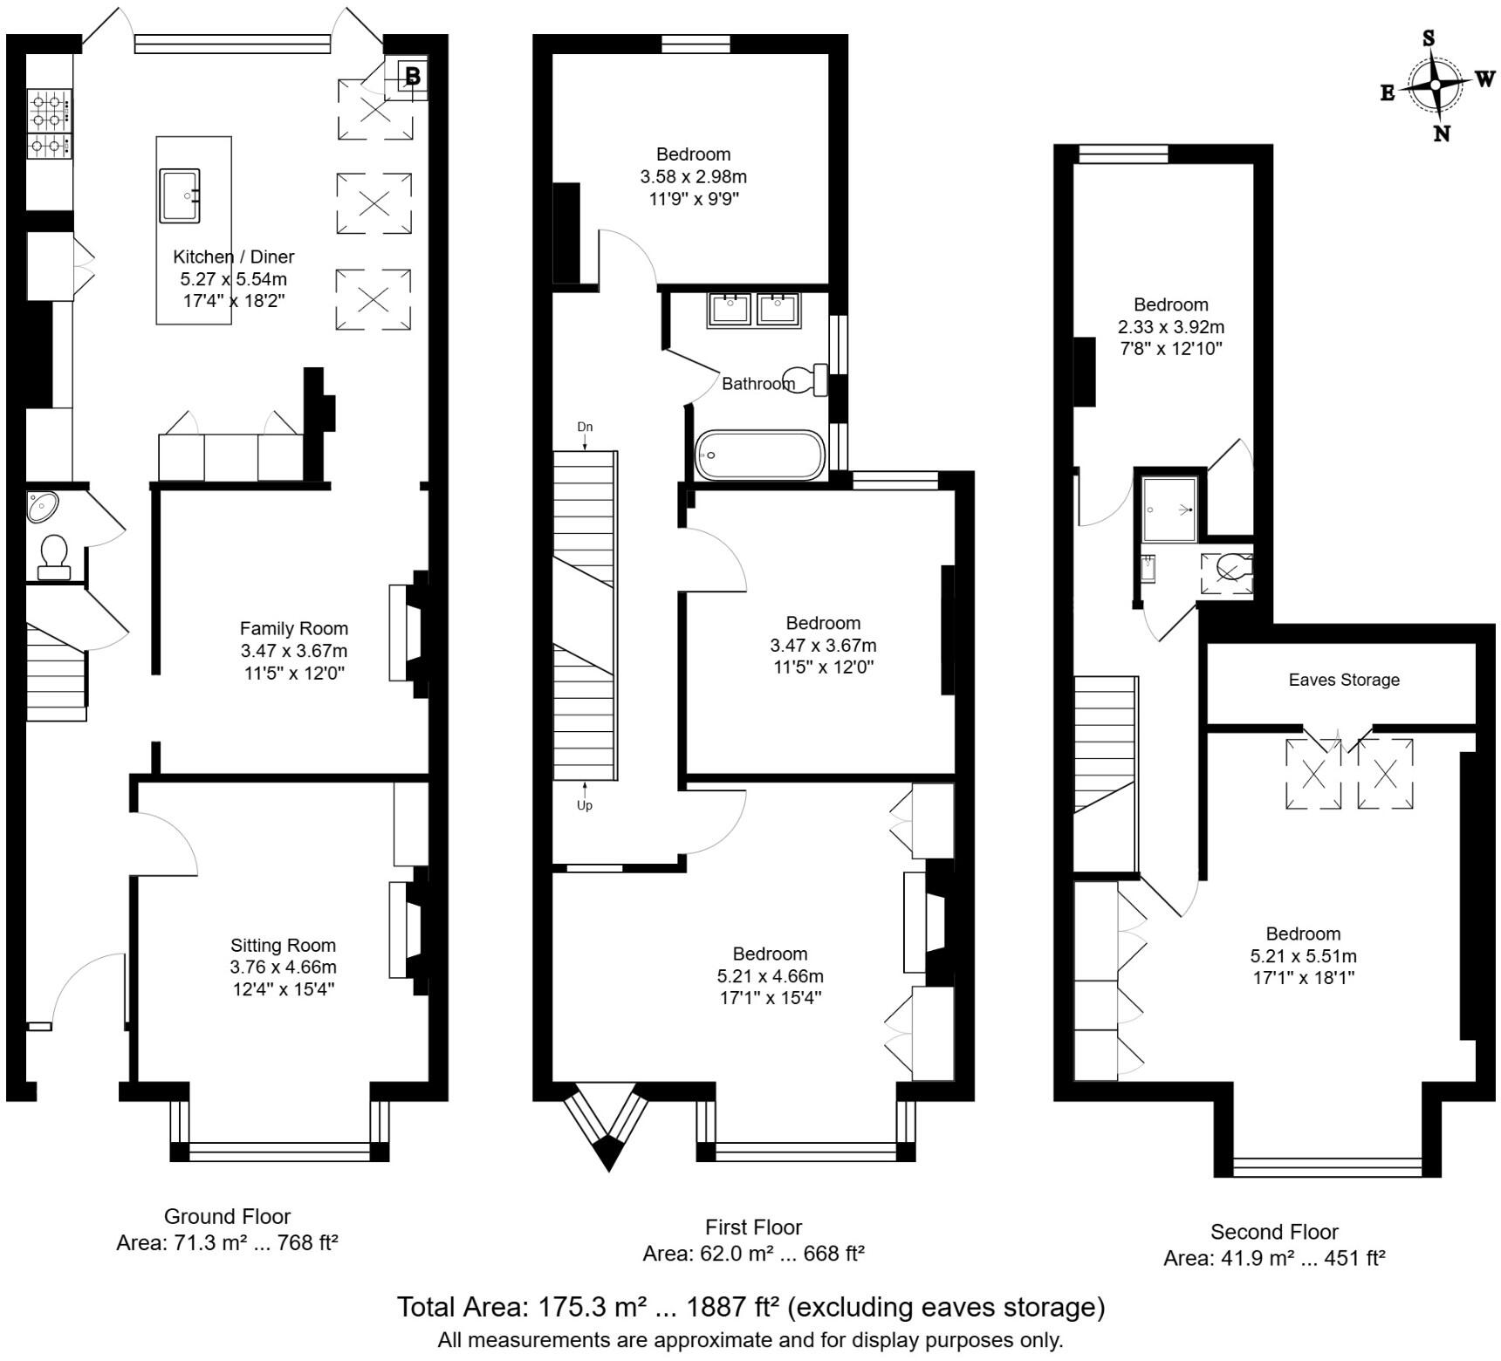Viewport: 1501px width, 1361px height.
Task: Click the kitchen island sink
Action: pyautogui.click(x=180, y=196)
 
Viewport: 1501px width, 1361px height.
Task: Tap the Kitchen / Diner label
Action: pyautogui.click(x=233, y=256)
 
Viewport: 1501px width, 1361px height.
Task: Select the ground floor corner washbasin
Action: pyautogui.click(x=43, y=507)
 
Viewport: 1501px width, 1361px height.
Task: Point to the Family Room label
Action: pyautogui.click(x=293, y=628)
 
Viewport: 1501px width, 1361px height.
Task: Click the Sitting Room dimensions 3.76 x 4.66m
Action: pyautogui.click(x=283, y=967)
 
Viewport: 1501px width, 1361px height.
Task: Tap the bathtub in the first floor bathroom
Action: pyautogui.click(x=759, y=455)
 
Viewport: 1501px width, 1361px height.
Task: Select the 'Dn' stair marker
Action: pyautogui.click(x=585, y=427)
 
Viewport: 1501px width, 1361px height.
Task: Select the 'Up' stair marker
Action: pyautogui.click(x=585, y=805)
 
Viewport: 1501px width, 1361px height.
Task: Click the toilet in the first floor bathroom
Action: pyautogui.click(x=807, y=380)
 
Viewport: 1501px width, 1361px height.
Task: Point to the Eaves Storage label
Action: pyautogui.click(x=1343, y=680)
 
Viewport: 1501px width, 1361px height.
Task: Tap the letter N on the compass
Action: pyautogui.click(x=1442, y=133)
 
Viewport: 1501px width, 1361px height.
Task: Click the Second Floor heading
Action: pyautogui.click(x=1273, y=1232)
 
